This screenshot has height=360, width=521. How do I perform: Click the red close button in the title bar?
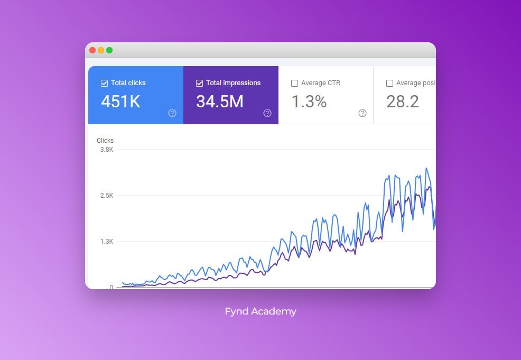coord(92,50)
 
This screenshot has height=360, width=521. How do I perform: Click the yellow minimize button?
coord(101,50)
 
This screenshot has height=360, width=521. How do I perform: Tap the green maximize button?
coord(109,50)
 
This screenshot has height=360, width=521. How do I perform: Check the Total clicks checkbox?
coord(105,83)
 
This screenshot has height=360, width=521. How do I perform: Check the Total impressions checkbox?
coord(200,83)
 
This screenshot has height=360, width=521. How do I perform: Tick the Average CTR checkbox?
coord(295,83)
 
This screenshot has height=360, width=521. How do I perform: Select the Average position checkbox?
coord(390,83)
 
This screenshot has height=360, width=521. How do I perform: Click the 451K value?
coord(121,101)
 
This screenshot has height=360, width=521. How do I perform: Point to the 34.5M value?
coord(220,101)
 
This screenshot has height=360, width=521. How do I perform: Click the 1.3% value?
coord(309,101)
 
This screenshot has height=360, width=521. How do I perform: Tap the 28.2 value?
coord(403,101)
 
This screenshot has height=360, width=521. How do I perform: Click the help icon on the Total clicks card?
coord(172,113)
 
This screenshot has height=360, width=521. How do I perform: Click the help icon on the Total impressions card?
coord(267,113)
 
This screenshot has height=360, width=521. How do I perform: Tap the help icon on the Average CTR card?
coord(362,113)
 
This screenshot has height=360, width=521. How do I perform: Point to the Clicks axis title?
coord(105,141)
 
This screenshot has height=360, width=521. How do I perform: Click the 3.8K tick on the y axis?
coord(107,150)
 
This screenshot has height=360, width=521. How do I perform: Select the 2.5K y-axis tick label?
coord(107,196)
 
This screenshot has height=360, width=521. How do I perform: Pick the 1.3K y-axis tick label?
coord(107,242)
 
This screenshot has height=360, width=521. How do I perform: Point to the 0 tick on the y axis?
coord(111,287)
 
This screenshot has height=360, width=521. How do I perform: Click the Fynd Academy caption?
coord(260,311)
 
